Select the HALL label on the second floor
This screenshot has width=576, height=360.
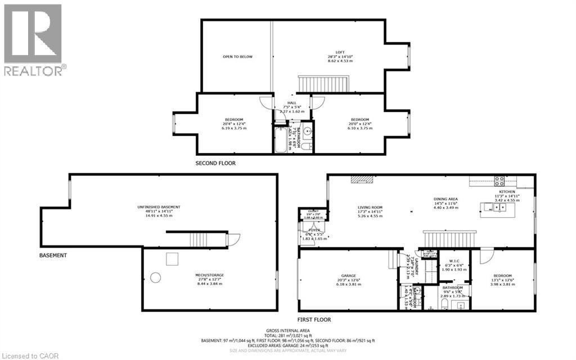tap(291, 103)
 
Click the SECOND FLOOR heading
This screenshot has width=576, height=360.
tap(215, 163)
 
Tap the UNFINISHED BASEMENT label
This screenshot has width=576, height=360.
tap(159, 207)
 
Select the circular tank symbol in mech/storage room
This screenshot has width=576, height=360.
tap(155, 277)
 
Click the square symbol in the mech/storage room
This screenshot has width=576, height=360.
tap(172, 259)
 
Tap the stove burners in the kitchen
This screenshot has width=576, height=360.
tap(498, 181)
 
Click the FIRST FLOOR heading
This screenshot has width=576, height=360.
tap(314, 319)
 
